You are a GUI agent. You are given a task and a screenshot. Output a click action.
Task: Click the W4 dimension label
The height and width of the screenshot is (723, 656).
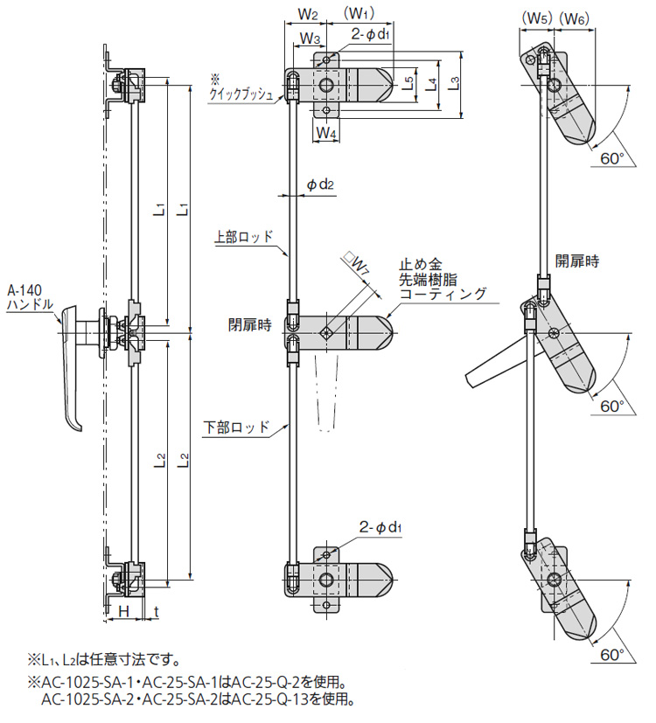pos(325,133)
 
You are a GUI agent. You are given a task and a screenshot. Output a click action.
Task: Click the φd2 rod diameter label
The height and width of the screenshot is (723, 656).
pos(321,184)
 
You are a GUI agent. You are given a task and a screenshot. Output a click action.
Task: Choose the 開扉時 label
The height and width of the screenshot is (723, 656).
pos(577,260)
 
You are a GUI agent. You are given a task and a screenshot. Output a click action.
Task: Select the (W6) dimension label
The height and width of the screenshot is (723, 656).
pos(576,16)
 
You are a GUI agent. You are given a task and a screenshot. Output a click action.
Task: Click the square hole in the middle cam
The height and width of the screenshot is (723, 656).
pos(325,331)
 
